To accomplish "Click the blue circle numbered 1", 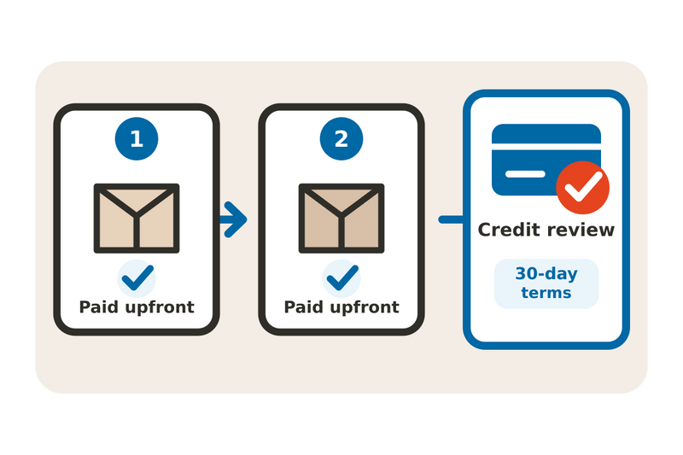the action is coord(137,139).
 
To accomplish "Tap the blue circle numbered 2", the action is coord(341,139).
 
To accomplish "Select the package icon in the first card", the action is coord(137,219).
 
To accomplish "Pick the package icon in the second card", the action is coord(341,219).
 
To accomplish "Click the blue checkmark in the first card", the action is coord(137,277).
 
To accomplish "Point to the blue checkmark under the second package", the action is coord(342,277).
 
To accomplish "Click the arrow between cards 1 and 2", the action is coord(234,219).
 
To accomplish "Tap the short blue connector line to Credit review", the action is coord(452,219).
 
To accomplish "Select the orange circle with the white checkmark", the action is coord(583,188).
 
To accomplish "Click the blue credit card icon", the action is coord(546,160).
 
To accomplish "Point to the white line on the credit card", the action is coord(525,174).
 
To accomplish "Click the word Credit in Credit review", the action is coord(509,230).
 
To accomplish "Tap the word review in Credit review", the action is coord(581,230).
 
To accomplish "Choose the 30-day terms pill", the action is coord(546,284).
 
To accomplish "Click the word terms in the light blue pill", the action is coord(546,293).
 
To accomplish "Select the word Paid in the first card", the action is coord(98,307).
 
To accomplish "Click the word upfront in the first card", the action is coord(160,308).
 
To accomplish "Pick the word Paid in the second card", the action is coord(303,307).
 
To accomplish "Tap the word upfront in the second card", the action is coord(365,308).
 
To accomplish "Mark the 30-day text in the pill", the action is coord(546,274).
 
